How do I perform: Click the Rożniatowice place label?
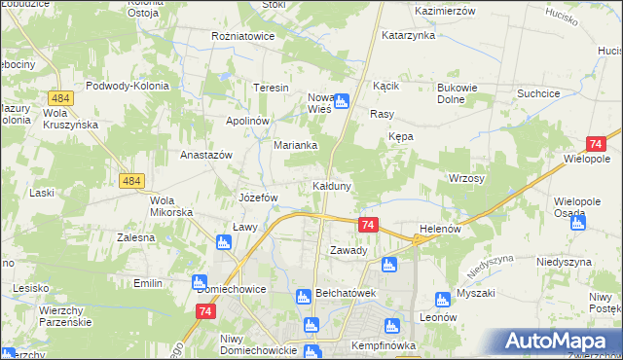click(x=242, y=36)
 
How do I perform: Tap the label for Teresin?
click(x=272, y=88)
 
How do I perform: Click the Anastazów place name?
click(x=205, y=155)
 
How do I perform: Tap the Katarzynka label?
click(x=407, y=35)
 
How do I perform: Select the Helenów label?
click(x=438, y=229)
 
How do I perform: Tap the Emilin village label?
click(x=148, y=283)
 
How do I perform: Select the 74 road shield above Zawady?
click(x=367, y=225)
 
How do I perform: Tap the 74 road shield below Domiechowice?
click(x=204, y=311)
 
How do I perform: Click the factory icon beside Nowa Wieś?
click(x=342, y=98)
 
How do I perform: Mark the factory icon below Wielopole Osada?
click(x=578, y=223)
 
